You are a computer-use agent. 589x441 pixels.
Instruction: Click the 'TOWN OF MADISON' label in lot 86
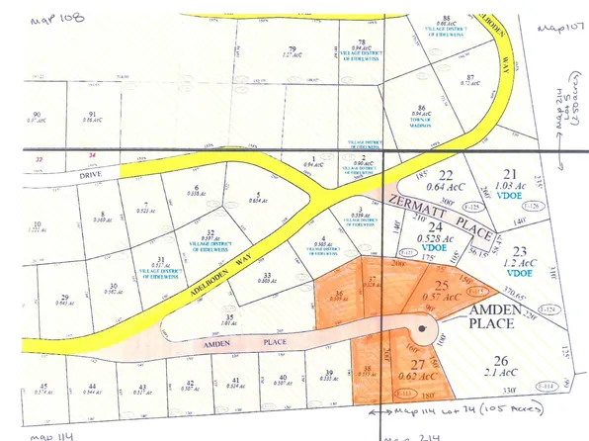(x=423, y=122)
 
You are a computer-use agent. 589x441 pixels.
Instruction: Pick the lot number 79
(x=291, y=49)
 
